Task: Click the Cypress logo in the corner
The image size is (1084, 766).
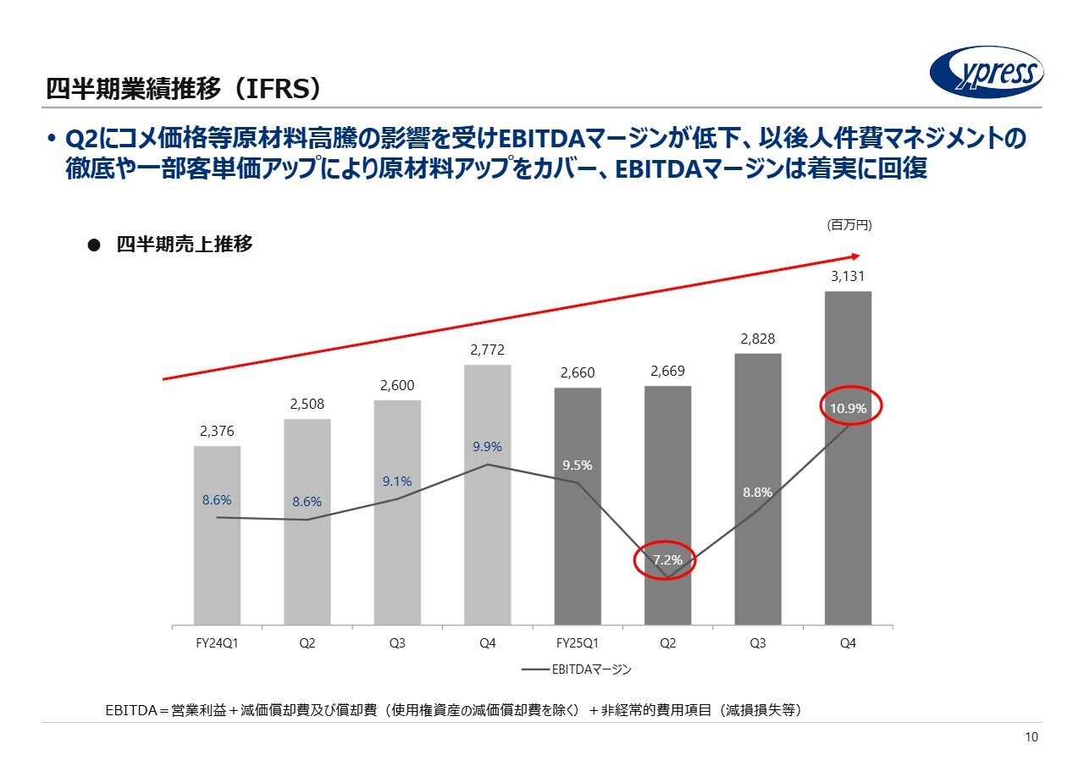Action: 986,72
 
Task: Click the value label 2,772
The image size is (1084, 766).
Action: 487,349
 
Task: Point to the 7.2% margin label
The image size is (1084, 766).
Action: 667,560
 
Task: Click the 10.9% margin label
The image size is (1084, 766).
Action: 848,409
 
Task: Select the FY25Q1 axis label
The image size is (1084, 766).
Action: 578,643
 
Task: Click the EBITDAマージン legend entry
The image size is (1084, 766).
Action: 577,670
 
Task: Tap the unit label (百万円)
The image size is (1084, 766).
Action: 849,225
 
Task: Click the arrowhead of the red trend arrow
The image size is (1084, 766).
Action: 855,255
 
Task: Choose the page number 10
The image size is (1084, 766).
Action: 1031,738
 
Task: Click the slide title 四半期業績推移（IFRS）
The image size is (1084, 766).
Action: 183,88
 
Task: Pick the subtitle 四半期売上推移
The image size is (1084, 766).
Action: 184,245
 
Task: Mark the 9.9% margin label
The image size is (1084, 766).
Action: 488,447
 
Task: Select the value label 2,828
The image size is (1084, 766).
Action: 758,339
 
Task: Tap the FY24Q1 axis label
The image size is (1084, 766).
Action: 217,643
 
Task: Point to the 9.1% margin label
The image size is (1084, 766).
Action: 396,482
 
